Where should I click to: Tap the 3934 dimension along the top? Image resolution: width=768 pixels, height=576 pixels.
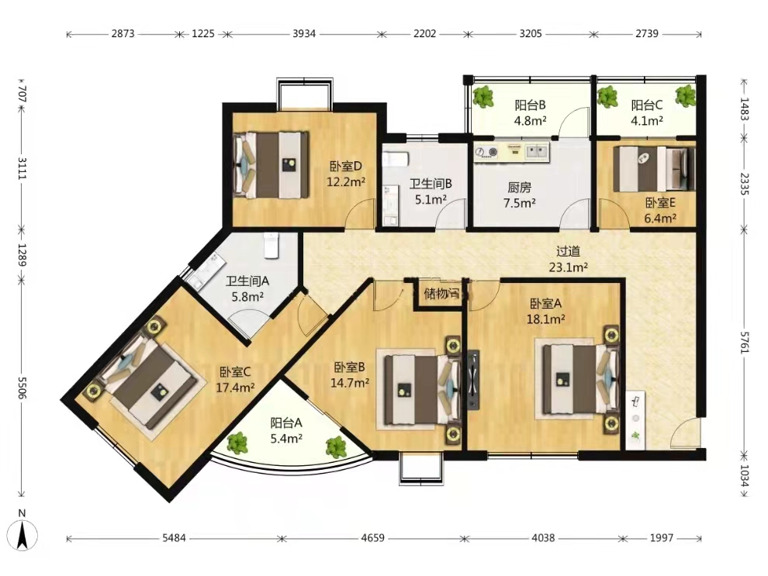(304, 34)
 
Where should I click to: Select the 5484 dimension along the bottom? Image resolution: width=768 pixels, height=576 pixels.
(174, 538)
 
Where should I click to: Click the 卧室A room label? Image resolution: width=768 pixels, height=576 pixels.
(545, 304)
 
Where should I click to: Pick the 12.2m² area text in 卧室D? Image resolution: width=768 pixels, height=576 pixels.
(346, 182)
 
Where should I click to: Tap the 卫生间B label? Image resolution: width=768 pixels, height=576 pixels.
(431, 184)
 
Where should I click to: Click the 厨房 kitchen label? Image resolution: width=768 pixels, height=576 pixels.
(519, 187)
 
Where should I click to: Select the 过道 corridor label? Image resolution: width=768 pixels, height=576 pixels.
(568, 251)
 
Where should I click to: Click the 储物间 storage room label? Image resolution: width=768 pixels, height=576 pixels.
(442, 294)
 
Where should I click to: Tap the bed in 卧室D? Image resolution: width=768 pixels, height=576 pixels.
(271, 164)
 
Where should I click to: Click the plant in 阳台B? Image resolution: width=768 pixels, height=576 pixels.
(484, 96)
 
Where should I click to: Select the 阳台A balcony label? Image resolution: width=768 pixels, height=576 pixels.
(286, 423)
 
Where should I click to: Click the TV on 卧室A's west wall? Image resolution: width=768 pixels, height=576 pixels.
(473, 378)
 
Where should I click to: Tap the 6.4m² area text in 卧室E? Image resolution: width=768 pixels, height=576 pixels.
(660, 218)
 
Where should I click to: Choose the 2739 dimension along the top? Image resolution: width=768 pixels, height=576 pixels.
(647, 34)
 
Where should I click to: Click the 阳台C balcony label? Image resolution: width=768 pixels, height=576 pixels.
(647, 105)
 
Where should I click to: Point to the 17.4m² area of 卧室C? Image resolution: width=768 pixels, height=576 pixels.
(235, 388)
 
